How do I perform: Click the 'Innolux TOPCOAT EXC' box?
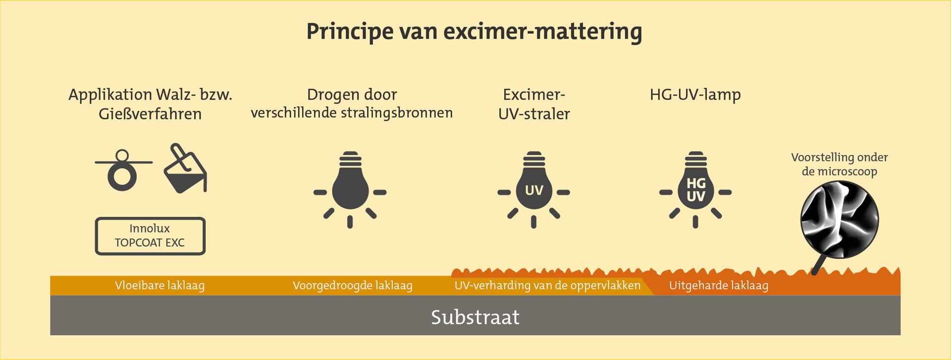[x=150, y=236]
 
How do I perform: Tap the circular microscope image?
[x=840, y=219]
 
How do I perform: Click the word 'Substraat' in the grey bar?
[x=475, y=317]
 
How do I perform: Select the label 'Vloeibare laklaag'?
[x=159, y=286]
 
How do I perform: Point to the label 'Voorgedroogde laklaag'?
[x=352, y=286]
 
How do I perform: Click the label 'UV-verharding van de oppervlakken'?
[x=547, y=286]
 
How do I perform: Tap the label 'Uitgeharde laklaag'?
[x=719, y=286]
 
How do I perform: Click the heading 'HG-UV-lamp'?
[x=695, y=94]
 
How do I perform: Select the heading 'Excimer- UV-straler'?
[x=534, y=104]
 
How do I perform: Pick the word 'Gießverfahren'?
[x=150, y=114]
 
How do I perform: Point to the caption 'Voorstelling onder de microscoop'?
[x=840, y=164]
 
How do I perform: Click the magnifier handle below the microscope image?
[x=817, y=264]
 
